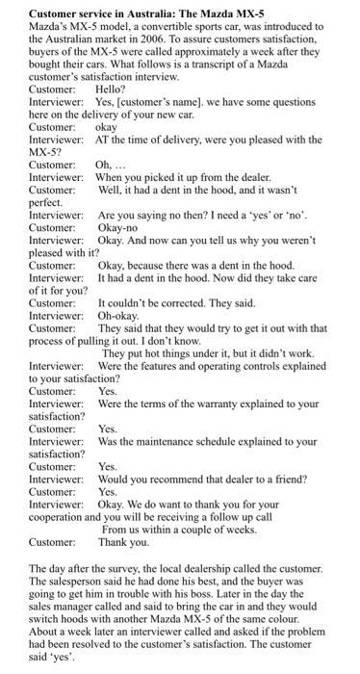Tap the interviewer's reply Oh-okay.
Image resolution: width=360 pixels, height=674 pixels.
(x=118, y=316)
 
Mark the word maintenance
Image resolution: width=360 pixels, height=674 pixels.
(x=171, y=441)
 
